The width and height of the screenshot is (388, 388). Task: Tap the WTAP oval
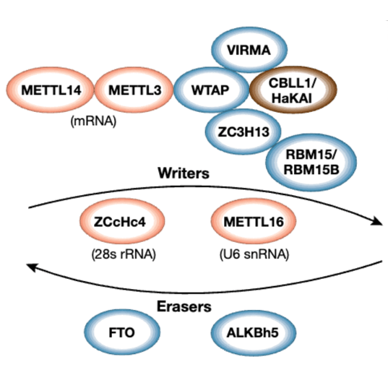pos(211,91)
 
